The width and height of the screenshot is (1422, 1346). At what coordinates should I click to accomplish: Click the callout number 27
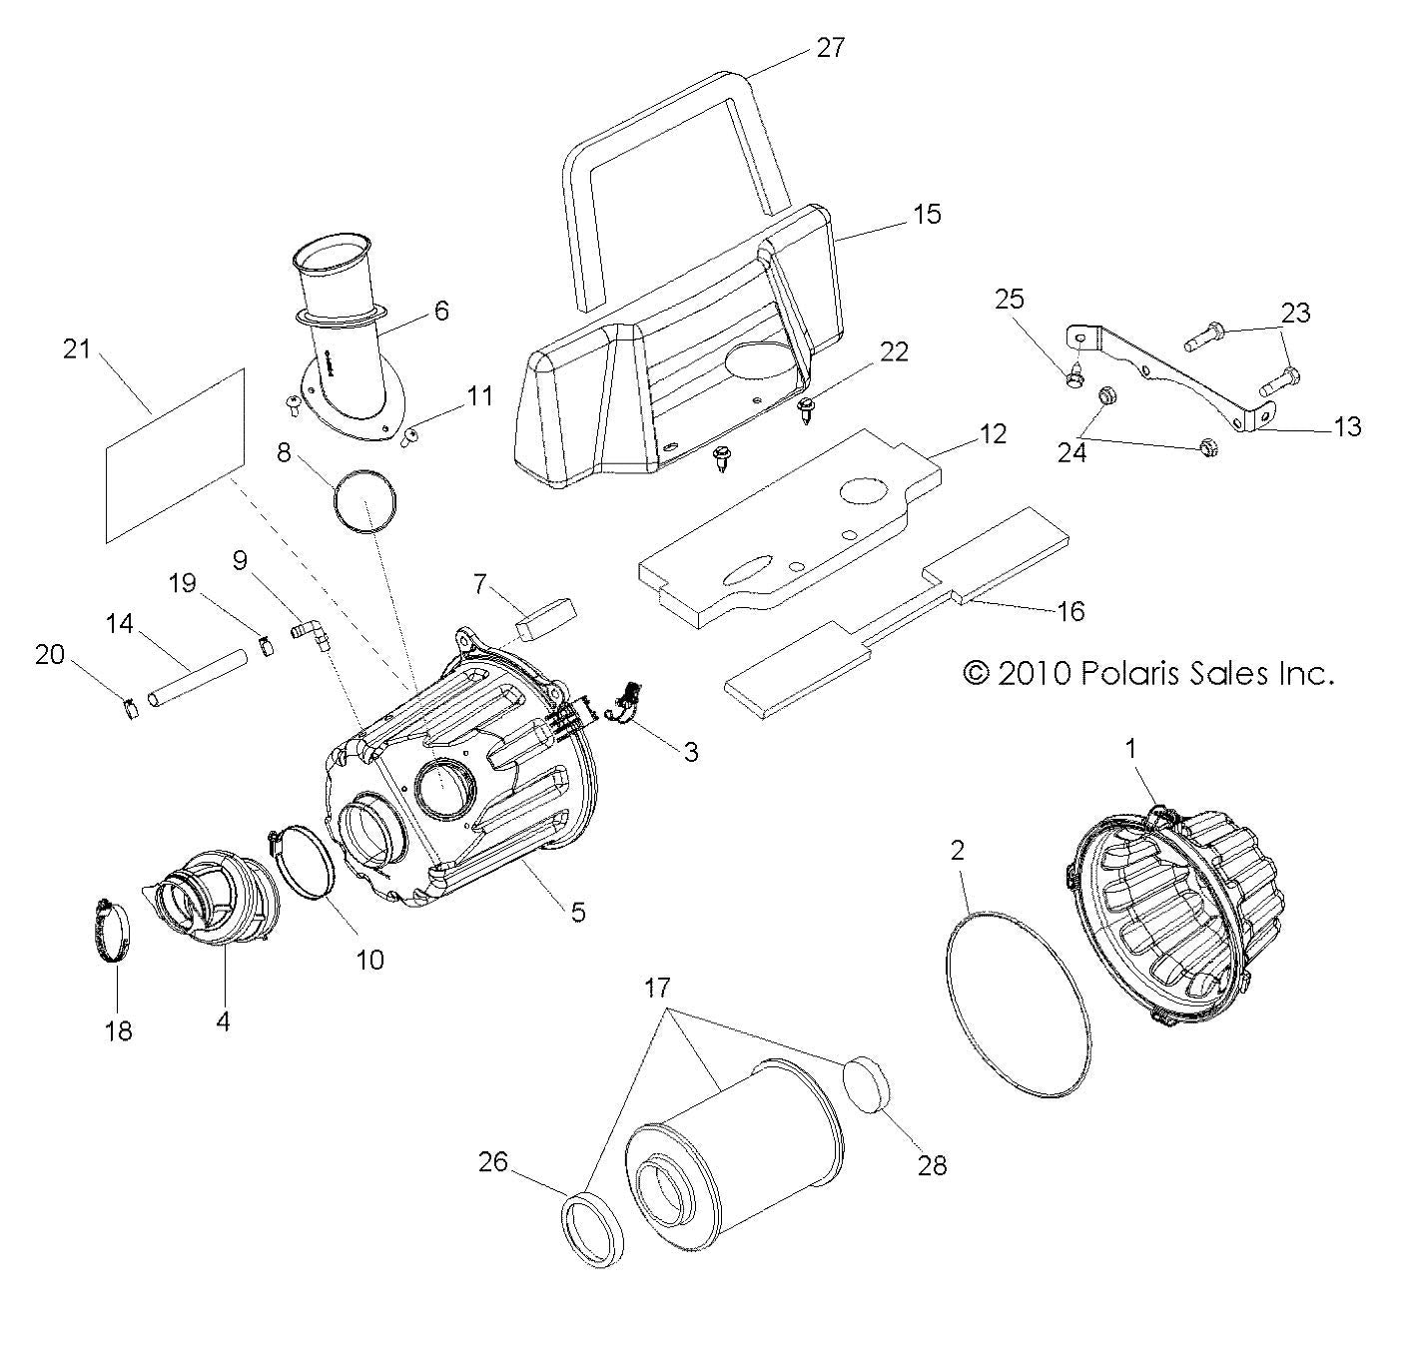(830, 47)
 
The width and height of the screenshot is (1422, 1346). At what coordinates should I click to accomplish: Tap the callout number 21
(77, 349)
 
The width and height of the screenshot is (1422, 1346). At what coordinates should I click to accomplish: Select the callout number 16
(1069, 610)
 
